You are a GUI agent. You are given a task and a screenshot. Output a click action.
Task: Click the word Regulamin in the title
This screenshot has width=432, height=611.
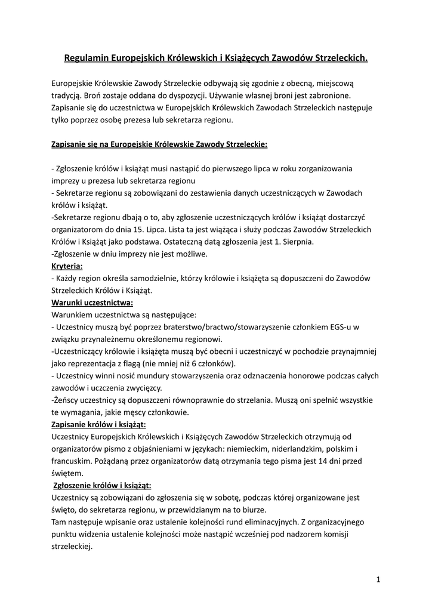[85, 58]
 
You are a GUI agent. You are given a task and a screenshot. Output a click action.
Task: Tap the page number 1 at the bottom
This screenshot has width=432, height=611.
[378, 579]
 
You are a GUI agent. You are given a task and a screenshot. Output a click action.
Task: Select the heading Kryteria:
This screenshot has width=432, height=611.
[67, 266]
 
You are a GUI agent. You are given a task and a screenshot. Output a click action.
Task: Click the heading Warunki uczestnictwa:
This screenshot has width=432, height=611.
[92, 303]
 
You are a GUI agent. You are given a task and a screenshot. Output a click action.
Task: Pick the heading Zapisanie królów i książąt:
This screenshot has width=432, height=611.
[99, 424]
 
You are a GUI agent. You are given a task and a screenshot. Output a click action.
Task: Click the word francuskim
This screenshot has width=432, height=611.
[72, 461]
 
